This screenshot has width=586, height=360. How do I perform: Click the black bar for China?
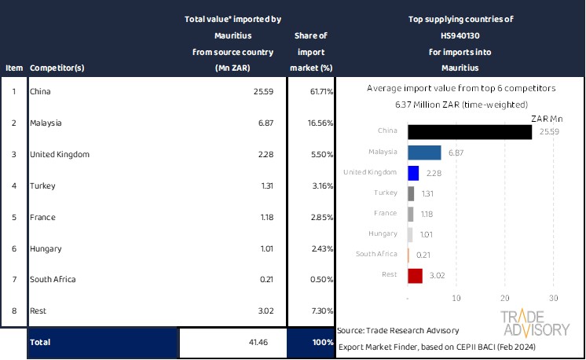click(470, 131)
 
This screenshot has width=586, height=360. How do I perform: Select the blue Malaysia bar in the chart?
click(424, 152)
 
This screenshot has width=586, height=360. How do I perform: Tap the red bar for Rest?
click(416, 275)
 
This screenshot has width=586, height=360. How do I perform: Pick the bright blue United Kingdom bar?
click(413, 172)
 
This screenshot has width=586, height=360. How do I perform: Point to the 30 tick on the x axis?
click(553, 298)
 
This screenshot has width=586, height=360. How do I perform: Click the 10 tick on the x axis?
click(456, 298)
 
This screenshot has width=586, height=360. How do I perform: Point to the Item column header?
click(13, 68)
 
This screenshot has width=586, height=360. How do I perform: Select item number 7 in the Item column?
click(13, 280)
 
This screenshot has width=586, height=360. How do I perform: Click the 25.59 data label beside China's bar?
click(549, 131)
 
